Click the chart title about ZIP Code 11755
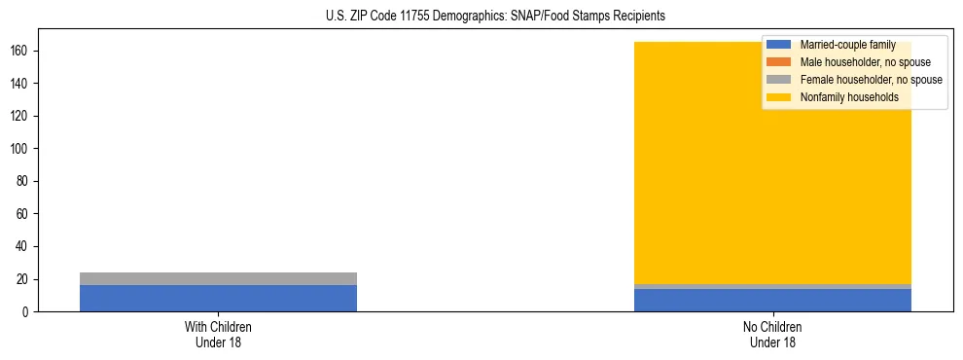[x=495, y=17]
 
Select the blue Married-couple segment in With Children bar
[x=218, y=298]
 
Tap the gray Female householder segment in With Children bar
[x=218, y=278]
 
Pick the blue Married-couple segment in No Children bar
[x=772, y=300]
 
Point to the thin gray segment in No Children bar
[x=772, y=286]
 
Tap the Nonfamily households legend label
[x=849, y=97]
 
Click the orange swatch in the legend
[x=778, y=62]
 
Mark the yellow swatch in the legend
[x=778, y=97]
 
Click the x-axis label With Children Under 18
[x=218, y=334]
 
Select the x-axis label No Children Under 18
[x=772, y=334]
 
